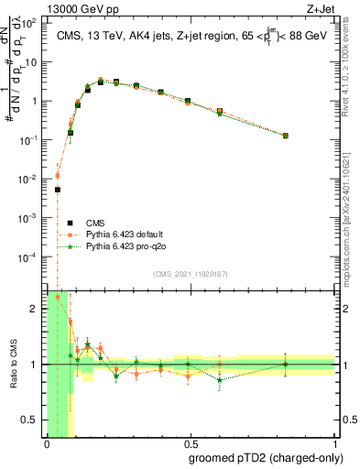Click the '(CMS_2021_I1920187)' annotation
point(190,273)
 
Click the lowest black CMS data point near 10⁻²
point(57,190)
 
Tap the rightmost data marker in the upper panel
point(286,136)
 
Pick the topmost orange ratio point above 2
point(57,297)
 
